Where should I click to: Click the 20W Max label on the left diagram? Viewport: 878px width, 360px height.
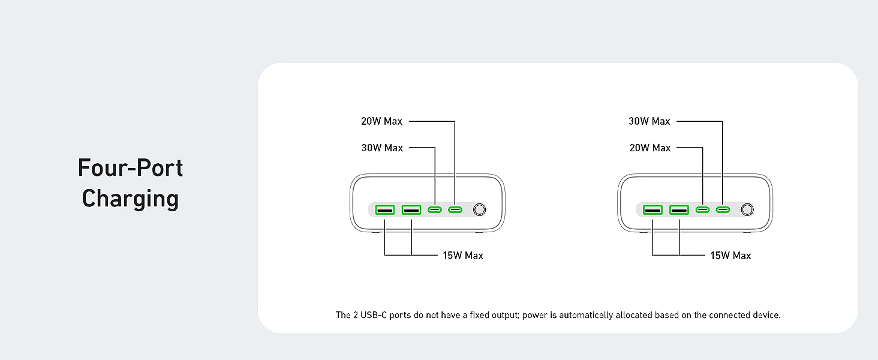tap(381, 121)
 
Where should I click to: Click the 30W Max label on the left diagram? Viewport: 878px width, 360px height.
tap(382, 148)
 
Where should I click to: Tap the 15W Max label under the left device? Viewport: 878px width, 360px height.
tap(463, 256)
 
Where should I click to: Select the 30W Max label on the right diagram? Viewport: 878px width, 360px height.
tap(649, 121)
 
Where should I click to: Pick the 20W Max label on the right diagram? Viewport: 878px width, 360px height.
tap(650, 148)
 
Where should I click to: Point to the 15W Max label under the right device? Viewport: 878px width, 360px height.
tap(730, 256)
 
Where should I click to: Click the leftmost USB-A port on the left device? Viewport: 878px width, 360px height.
tap(385, 210)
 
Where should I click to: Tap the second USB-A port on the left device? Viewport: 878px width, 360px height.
tap(411, 210)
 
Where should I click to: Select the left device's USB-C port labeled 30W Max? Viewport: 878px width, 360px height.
tap(435, 210)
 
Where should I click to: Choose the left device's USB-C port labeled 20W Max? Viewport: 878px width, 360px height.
tap(455, 210)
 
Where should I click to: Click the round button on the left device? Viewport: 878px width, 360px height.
tap(479, 210)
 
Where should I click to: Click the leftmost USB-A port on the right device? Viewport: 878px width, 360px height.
tap(653, 210)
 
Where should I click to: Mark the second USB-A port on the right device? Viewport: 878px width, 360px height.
tap(679, 210)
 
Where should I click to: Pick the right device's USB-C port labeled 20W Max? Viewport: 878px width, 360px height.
tap(702, 210)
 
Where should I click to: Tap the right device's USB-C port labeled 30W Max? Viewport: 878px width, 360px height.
tap(723, 210)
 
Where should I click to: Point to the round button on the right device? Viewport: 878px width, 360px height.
tap(747, 210)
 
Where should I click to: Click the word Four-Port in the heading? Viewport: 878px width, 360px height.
tap(130, 168)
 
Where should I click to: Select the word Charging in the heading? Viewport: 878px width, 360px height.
tap(130, 199)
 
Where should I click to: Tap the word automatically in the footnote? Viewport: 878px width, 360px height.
tap(587, 315)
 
